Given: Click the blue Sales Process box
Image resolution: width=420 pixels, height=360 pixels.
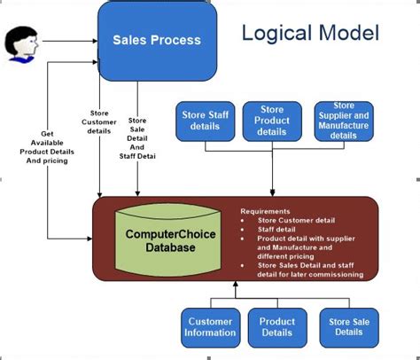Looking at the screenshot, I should click(156, 40).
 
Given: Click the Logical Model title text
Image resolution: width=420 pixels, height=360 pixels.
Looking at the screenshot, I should click(310, 35).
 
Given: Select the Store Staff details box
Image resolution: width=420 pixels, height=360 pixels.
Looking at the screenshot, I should click(205, 121).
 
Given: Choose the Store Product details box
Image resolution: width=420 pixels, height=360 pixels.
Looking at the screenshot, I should click(272, 121).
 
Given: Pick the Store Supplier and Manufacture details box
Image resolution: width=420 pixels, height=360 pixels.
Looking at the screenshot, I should click(344, 121).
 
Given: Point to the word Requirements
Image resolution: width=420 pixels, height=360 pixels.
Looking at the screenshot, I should click(264, 212).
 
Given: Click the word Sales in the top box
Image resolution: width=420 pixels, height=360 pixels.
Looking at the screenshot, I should click(129, 40).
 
